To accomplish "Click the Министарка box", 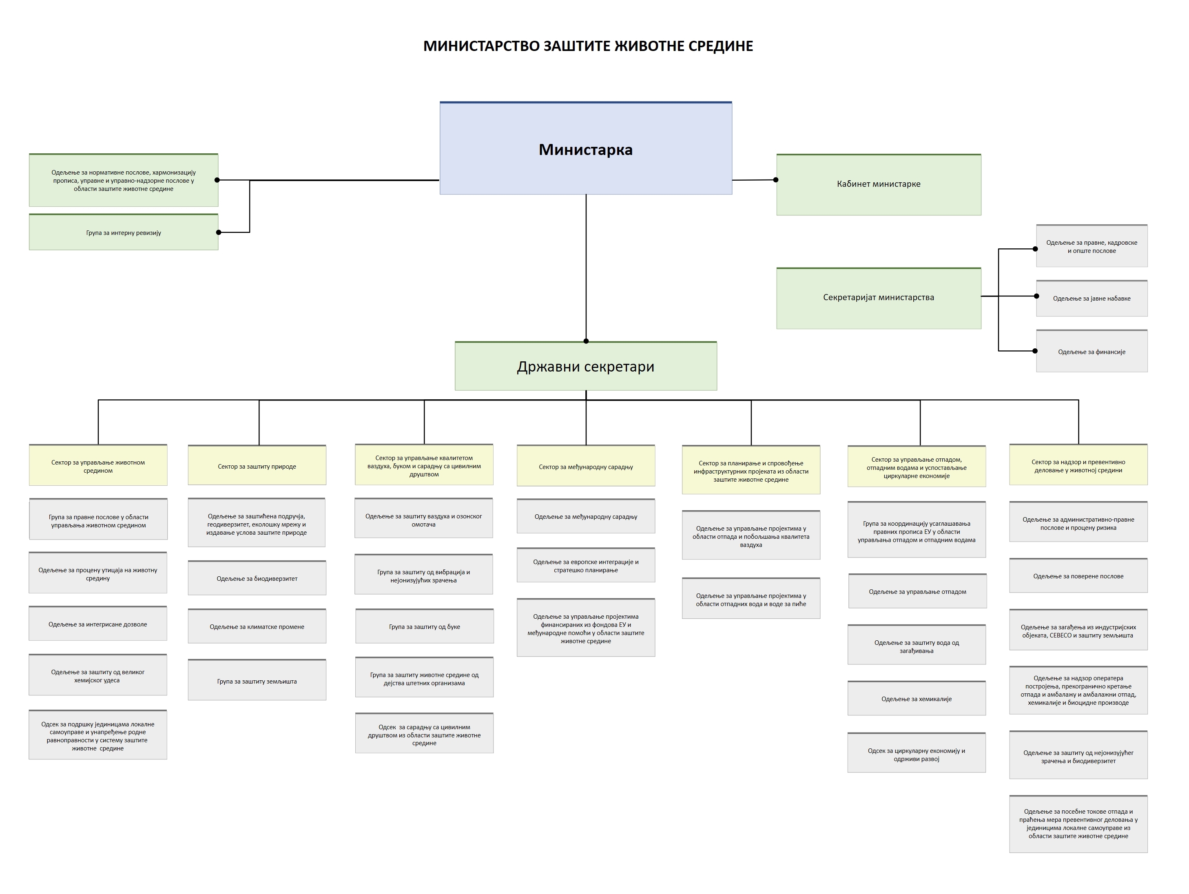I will (x=585, y=148).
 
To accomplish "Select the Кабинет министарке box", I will (x=878, y=184).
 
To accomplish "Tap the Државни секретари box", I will (x=585, y=366).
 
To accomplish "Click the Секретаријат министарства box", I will (x=878, y=298).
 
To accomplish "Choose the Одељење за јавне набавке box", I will (x=1091, y=299).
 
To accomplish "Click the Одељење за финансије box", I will (x=1091, y=352).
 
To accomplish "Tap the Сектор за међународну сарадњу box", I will (x=585, y=467).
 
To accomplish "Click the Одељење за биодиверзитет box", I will (x=257, y=578).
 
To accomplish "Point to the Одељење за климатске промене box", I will (x=257, y=626).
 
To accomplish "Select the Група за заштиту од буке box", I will (x=424, y=626).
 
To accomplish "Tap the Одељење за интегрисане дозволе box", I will (x=98, y=624).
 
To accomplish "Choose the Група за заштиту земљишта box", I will (x=257, y=681).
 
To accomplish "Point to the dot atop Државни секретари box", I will (x=586, y=341).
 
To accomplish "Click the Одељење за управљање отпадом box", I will (x=917, y=591).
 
